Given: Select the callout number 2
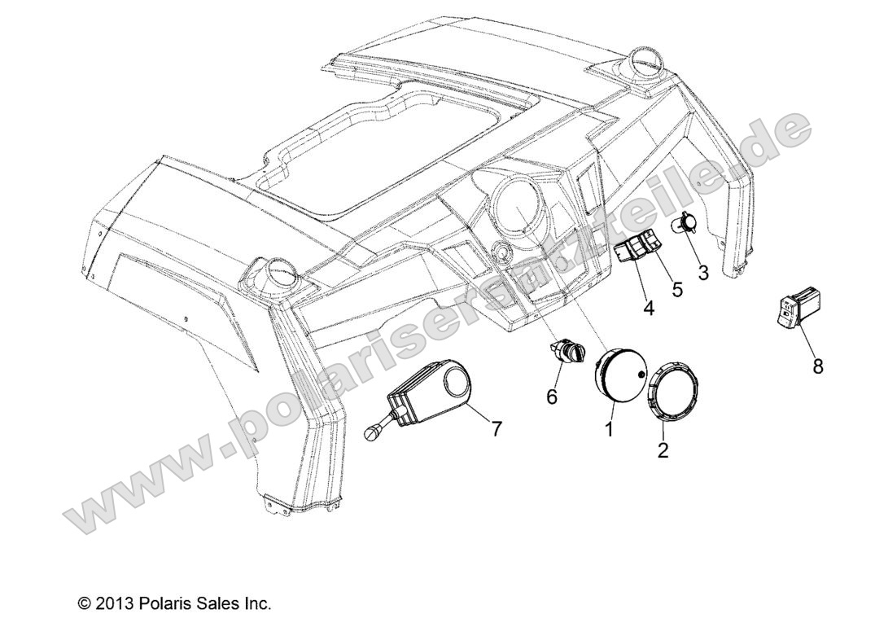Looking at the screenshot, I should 663,449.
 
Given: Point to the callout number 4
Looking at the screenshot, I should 650,308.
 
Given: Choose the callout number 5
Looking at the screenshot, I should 677,290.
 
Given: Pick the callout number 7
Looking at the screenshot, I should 496,428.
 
